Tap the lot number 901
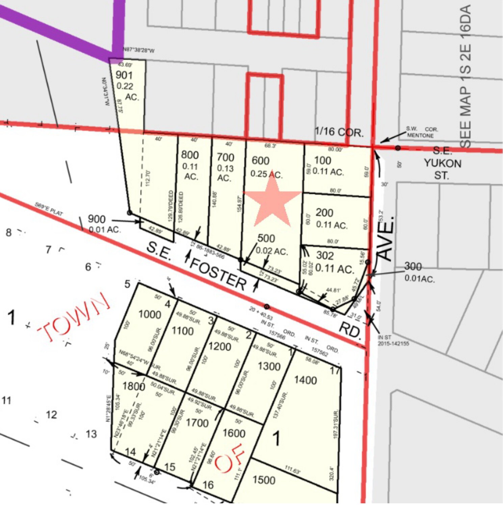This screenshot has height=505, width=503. tap(124, 75)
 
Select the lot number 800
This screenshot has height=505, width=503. tap(190, 155)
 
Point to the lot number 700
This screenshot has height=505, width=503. tap(225, 157)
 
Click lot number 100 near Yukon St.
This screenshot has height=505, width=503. tap(323, 160)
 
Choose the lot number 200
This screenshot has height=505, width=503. tap(324, 213)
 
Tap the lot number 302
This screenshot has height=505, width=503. tap(325, 256)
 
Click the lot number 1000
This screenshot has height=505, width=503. tap(150, 315)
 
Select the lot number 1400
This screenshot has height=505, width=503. tap(305, 380)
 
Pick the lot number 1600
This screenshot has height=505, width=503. tap(234, 433)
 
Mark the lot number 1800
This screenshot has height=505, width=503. tap(134, 386)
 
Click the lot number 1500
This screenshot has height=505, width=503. tap(264, 480)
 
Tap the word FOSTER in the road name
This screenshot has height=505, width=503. tap(218, 274)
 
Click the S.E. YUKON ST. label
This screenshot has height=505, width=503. tap(443, 163)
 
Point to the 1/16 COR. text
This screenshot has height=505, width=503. tap(339, 132)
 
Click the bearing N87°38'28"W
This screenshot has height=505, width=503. tap(139, 51)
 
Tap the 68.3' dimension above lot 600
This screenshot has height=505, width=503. tap(270, 146)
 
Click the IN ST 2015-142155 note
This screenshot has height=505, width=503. tap(393, 340)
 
